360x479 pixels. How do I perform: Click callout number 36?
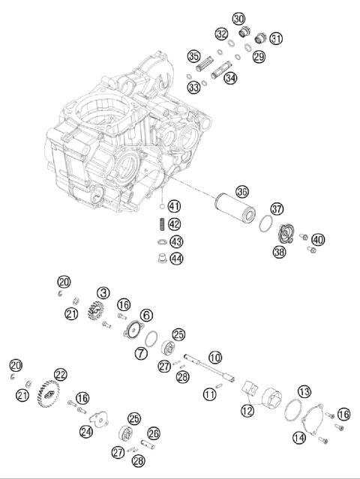coord(241,191)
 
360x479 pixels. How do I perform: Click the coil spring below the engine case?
coord(160,224)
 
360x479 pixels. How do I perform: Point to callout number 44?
coord(175,259)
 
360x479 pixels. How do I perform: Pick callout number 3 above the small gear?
coord(103,293)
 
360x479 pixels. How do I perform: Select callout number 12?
coord(247,410)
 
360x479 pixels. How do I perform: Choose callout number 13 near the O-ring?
coord(304,391)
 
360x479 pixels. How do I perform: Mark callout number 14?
coord(299,437)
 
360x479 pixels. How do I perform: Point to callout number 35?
coord(193,55)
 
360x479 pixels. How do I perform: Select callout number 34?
coord(230,78)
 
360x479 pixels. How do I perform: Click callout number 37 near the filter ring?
coord(277,208)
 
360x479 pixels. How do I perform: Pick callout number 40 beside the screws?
coord(318,240)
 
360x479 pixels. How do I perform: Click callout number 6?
coord(146,316)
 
